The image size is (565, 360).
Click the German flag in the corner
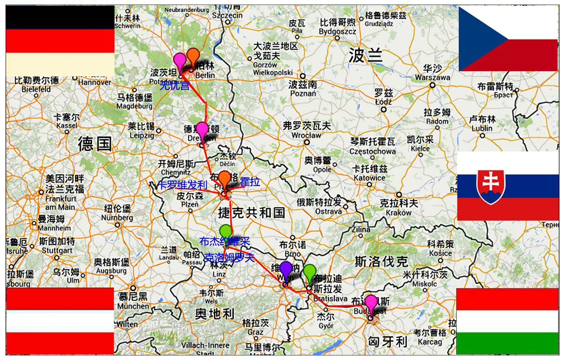coord(60,41)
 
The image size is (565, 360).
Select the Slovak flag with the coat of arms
coord(508,186)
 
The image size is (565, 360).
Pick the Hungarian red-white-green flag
coord(507,321)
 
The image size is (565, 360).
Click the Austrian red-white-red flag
coord(60,321)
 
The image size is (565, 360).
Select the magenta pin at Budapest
coord(371,303)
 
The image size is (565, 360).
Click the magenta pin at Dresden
coord(202,130)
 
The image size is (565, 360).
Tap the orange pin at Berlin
coord(193,56)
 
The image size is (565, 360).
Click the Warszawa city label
coord(432,77)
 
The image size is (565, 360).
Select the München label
coord(133,306)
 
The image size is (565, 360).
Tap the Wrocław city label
coord(306,135)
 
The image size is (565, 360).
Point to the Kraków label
coord(399,212)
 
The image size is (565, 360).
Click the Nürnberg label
coord(117,217)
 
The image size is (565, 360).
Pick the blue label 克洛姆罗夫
coord(229,258)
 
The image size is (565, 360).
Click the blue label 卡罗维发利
coord(183,185)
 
